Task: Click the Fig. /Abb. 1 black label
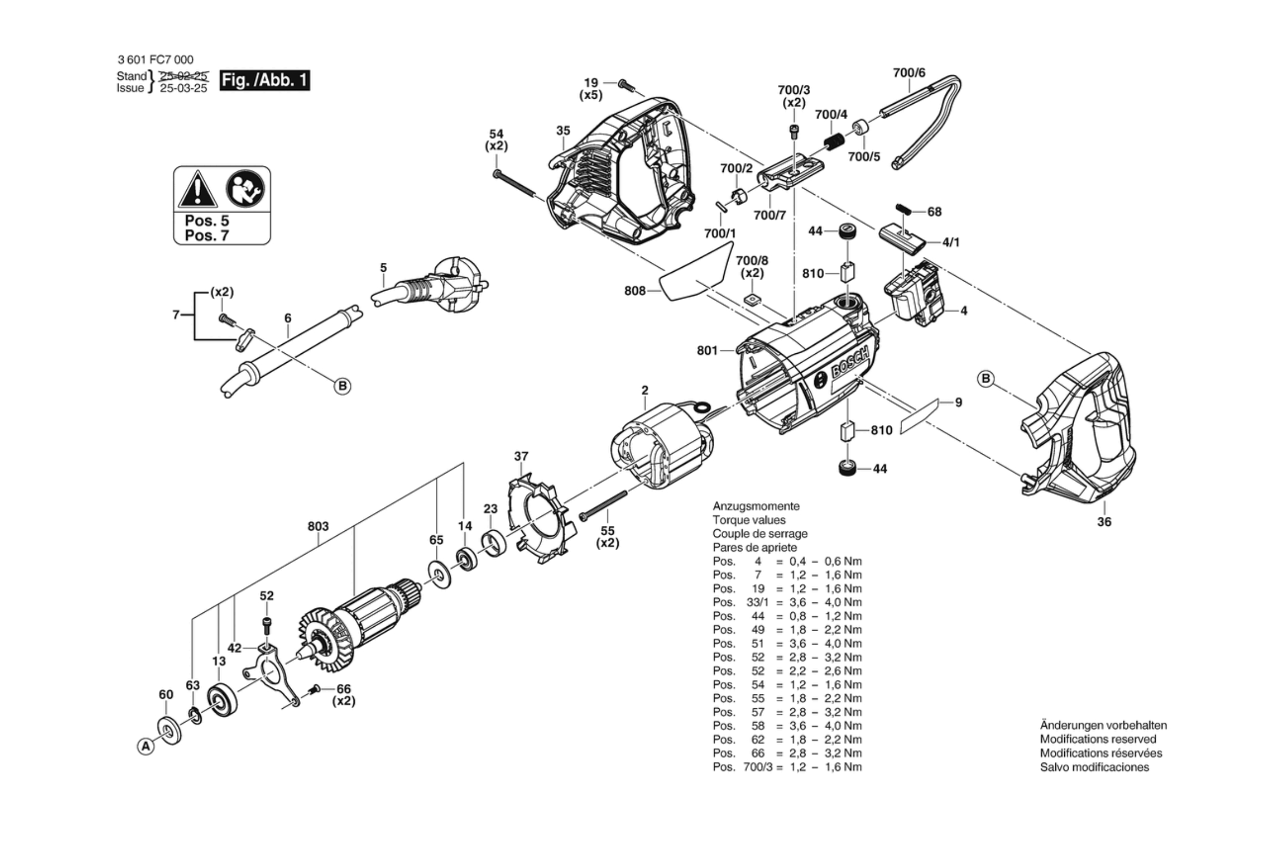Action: [x=265, y=80]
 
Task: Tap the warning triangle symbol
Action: [x=196, y=189]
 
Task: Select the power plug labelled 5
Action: [x=444, y=287]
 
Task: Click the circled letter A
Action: [x=145, y=747]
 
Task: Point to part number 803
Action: [x=318, y=526]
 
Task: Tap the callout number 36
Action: [x=1104, y=522]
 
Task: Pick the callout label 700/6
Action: [x=909, y=73]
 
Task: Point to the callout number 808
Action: [x=634, y=291]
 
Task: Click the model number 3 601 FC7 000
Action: [x=155, y=60]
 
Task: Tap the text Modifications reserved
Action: [x=1097, y=739]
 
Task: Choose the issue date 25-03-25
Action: [x=183, y=88]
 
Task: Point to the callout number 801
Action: [x=707, y=351]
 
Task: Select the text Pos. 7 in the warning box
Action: [x=206, y=236]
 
